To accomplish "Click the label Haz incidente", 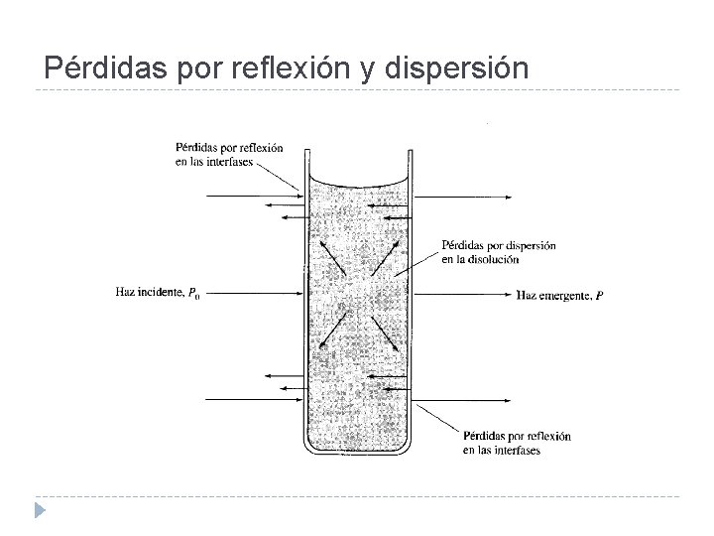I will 149,292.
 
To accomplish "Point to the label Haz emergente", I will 552,295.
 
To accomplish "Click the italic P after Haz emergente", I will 599,295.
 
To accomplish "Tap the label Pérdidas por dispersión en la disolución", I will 497,252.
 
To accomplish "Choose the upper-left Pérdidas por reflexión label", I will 228,155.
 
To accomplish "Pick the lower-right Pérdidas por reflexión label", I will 515,443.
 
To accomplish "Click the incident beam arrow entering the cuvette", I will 254,294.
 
